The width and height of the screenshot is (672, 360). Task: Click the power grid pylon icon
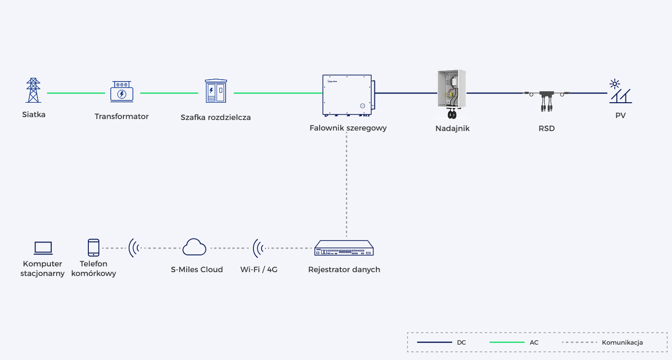pyautogui.click(x=33, y=90)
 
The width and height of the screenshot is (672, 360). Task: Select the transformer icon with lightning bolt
pyautogui.click(x=121, y=92)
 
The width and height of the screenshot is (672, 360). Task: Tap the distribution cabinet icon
pyautogui.click(x=216, y=91)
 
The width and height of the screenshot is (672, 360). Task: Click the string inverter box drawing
pyautogui.click(x=348, y=96)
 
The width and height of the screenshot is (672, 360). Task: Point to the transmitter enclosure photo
pyautogui.click(x=452, y=94)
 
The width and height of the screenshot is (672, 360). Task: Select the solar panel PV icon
pyautogui.click(x=620, y=91)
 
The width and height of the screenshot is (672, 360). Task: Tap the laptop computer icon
pyautogui.click(x=43, y=248)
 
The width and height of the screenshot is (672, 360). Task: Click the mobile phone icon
pyautogui.click(x=94, y=248)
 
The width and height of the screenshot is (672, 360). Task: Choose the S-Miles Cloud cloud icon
pyautogui.click(x=194, y=247)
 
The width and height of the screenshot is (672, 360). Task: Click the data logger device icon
pyautogui.click(x=344, y=248)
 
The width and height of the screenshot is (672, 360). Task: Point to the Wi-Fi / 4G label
pyautogui.click(x=259, y=269)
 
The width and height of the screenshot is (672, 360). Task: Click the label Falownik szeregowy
pyautogui.click(x=348, y=128)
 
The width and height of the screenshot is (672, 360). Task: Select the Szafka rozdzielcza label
pyautogui.click(x=216, y=117)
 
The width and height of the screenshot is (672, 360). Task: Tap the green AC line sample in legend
pyautogui.click(x=507, y=342)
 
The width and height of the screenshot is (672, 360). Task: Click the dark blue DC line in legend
pyautogui.click(x=434, y=342)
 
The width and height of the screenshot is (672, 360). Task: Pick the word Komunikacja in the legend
pyautogui.click(x=622, y=342)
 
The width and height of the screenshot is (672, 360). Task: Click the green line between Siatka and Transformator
pyautogui.click(x=76, y=93)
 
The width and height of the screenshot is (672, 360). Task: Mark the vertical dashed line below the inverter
pyautogui.click(x=347, y=185)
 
